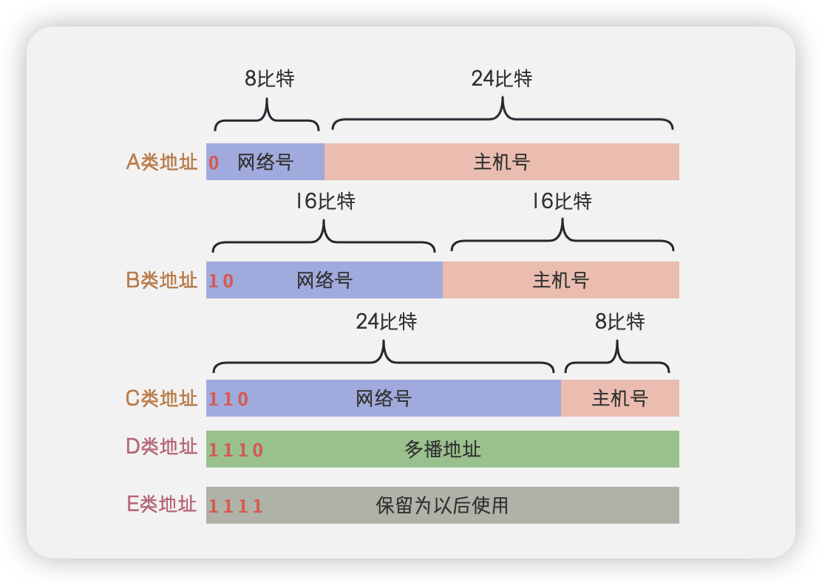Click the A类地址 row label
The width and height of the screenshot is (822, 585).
point(162,162)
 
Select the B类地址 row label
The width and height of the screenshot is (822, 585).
point(162,281)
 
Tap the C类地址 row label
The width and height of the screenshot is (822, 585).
point(162,399)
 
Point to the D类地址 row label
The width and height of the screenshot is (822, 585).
point(162,447)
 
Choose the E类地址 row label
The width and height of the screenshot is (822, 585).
point(162,505)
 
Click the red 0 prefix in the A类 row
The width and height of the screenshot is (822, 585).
point(214,163)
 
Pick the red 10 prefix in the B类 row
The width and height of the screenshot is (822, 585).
point(221,281)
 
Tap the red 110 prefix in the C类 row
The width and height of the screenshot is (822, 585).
point(228,400)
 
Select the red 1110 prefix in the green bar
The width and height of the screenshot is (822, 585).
point(236,450)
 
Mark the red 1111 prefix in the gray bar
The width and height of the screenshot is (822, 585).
point(236,506)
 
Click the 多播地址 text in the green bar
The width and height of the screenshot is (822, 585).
point(443,449)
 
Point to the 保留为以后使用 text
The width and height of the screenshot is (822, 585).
point(442,505)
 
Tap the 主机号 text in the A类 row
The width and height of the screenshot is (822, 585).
point(502,162)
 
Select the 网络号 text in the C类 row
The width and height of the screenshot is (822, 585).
point(384,399)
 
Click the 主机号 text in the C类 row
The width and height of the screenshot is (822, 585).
point(620,399)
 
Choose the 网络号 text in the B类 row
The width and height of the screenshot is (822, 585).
point(325,281)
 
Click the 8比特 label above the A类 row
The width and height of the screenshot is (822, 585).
point(270,79)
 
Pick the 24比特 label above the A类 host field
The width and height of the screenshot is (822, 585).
point(502,79)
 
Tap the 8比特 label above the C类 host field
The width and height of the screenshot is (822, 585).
point(620,321)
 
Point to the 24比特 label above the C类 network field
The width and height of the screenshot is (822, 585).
point(387,321)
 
